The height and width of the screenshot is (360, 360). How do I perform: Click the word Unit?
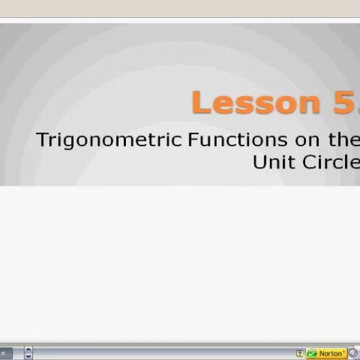click(x=273, y=162)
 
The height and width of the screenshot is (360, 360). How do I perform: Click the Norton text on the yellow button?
click(x=332, y=354)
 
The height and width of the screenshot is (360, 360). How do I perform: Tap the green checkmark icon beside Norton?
click(x=312, y=354)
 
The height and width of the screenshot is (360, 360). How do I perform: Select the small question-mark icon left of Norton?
click(x=300, y=354)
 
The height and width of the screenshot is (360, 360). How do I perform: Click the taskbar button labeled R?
click(x=6, y=354)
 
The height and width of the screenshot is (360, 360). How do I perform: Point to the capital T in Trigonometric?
click(x=42, y=139)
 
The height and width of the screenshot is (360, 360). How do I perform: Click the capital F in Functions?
click(x=193, y=139)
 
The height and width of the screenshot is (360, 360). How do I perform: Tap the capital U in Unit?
click(x=258, y=162)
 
